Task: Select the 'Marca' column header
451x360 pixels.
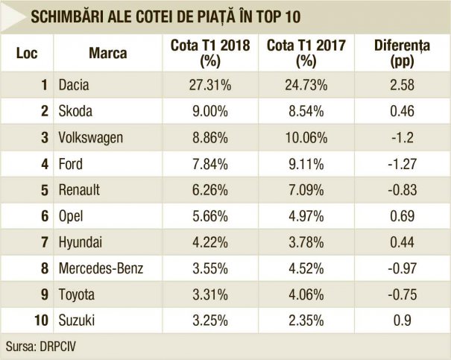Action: [x=107, y=54]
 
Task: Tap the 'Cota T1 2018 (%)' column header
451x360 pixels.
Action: [x=204, y=54]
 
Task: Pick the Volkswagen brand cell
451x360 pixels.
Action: [x=90, y=138]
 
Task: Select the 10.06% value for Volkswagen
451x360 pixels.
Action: [x=302, y=138]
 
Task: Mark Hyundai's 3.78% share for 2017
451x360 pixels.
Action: [x=302, y=242]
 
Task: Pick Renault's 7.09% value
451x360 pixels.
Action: [x=302, y=190]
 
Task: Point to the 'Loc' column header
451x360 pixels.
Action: [x=27, y=54]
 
